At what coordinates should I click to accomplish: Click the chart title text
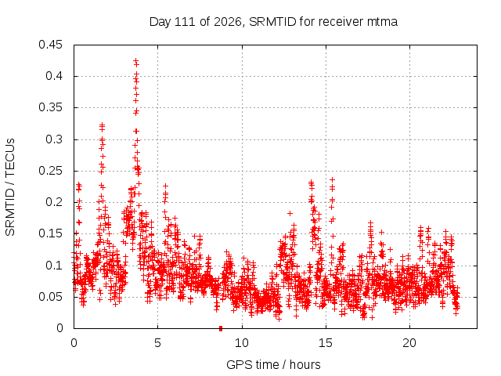pyautogui.click(x=273, y=22)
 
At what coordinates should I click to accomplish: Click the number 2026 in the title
pyautogui.click(x=228, y=22)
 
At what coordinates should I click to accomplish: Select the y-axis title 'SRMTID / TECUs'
pyautogui.click(x=10, y=187)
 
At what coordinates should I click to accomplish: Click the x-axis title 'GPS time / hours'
pyautogui.click(x=273, y=364)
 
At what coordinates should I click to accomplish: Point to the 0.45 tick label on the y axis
pyautogui.click(x=50, y=45)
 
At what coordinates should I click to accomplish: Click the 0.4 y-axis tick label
pyautogui.click(x=54, y=76)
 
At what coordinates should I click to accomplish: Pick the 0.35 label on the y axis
pyautogui.click(x=50, y=108)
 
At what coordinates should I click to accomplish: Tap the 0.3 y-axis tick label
pyautogui.click(x=54, y=139)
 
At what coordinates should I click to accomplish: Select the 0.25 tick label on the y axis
pyautogui.click(x=50, y=171)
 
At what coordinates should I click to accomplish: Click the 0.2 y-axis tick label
pyautogui.click(x=54, y=202)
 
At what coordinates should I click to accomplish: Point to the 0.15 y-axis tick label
pyautogui.click(x=50, y=233)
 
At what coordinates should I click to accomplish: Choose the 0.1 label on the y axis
pyautogui.click(x=54, y=266)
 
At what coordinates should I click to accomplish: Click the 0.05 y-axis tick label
pyautogui.click(x=50, y=297)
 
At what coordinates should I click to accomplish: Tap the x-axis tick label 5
pyautogui.click(x=158, y=343)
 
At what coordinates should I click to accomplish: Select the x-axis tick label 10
pyautogui.click(x=242, y=343)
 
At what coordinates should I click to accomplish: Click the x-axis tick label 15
pyautogui.click(x=326, y=343)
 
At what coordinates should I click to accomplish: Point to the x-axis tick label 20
pyautogui.click(x=409, y=343)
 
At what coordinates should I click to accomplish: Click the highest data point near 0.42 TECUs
pyautogui.click(x=135, y=60)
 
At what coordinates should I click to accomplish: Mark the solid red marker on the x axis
pyautogui.click(x=221, y=328)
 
